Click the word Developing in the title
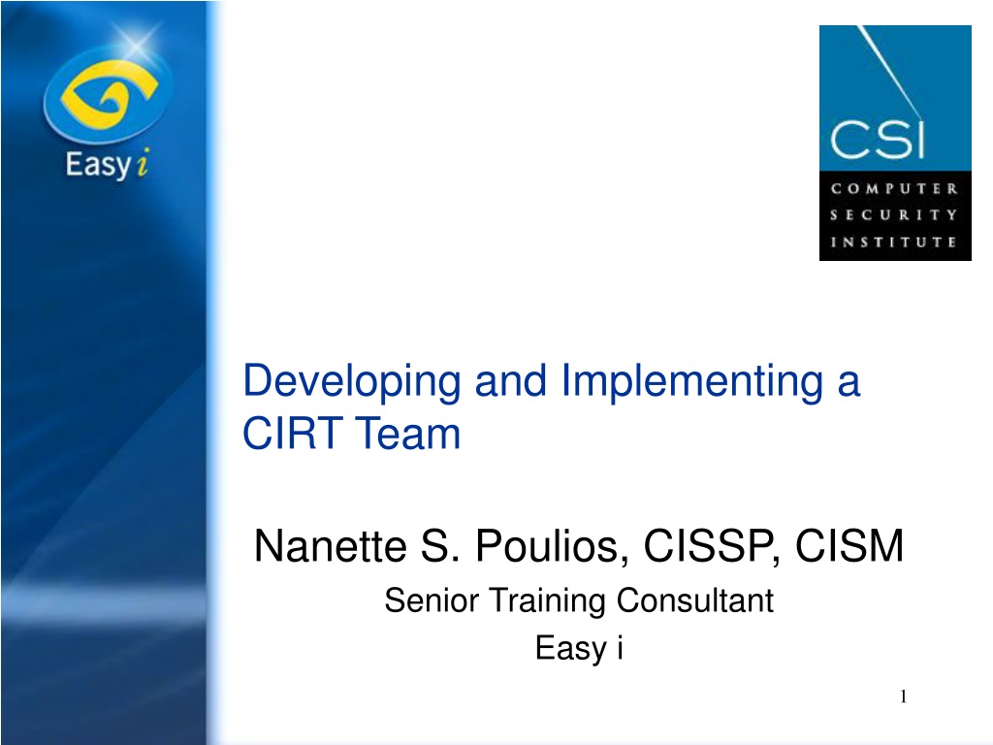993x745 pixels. pos(351,382)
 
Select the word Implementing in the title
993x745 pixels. pos(692,382)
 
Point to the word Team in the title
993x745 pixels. pos(407,434)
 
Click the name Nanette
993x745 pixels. pos(330,545)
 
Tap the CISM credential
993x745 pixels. pos(849,545)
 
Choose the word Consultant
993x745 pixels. pos(694,599)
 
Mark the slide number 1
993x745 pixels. pos(903,696)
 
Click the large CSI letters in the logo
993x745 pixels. pos(877,139)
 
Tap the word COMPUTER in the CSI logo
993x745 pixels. pos(894,189)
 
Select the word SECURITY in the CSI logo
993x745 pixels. pos(894,215)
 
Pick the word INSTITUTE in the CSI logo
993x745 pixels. pos(894,242)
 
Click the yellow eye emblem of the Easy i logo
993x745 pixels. pos(108,95)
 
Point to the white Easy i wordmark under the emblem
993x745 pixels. pos(107,164)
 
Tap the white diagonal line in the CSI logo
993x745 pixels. pos(890,72)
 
